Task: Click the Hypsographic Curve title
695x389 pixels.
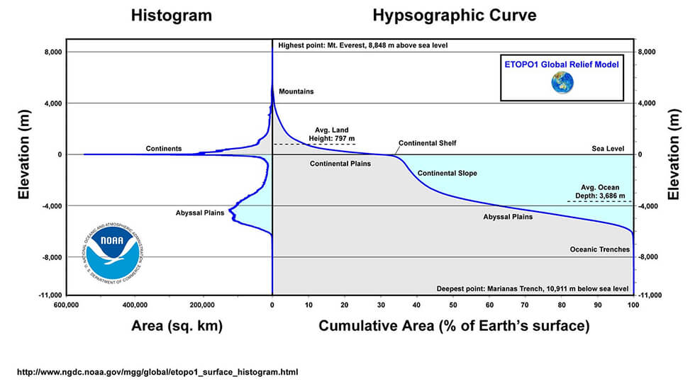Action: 455,16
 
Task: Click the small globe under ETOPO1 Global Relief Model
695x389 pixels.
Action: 562,83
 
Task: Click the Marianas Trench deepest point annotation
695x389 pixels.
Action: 533,288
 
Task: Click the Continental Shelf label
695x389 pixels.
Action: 427,143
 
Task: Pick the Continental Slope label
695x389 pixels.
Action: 447,173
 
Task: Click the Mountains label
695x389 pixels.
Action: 296,91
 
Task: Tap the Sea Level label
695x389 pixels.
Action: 608,149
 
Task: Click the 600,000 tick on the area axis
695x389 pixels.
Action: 65,305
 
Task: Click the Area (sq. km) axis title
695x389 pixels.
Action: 177,326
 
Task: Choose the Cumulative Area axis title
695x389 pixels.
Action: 454,326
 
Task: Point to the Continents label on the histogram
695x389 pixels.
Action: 164,149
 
